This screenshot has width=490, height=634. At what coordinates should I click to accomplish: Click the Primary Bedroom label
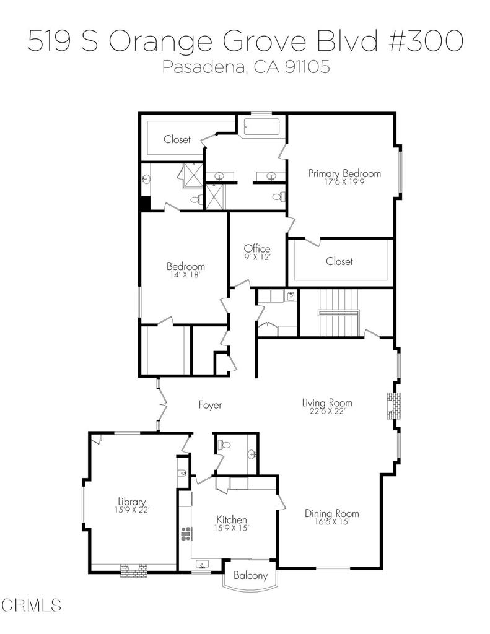[344, 173]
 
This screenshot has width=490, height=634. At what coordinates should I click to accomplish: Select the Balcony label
[250, 576]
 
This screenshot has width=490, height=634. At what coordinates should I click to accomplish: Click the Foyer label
[209, 405]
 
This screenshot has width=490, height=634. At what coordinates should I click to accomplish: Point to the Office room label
[256, 249]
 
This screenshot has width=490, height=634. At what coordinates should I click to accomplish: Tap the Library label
[132, 502]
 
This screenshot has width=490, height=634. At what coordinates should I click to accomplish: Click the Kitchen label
[232, 519]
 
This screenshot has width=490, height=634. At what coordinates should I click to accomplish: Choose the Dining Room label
[331, 513]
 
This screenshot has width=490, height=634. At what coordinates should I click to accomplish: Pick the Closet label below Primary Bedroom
[339, 261]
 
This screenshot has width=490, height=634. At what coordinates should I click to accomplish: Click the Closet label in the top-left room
[177, 140]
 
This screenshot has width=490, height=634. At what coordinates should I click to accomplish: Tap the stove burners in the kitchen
[185, 534]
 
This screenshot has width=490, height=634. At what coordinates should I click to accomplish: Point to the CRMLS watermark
[31, 603]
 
